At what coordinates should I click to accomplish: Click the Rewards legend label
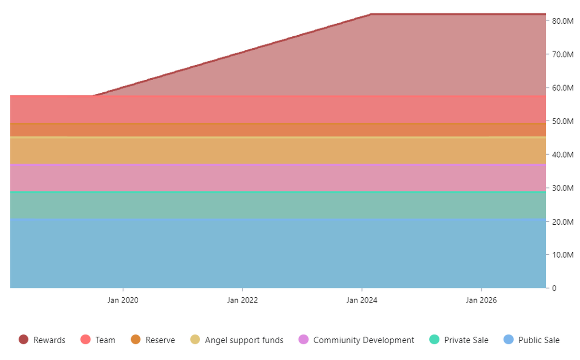point(49,340)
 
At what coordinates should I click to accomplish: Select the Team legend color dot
point(86,340)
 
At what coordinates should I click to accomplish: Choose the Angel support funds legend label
point(244,340)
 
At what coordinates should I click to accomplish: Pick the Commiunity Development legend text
point(363,340)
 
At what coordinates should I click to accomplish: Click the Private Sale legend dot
point(434,340)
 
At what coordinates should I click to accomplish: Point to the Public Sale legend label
point(539,340)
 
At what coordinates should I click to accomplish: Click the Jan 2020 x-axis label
point(123,301)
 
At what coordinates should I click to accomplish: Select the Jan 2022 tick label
point(242,301)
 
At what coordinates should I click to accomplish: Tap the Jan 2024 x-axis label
point(362,301)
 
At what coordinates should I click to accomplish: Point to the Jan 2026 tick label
point(481,301)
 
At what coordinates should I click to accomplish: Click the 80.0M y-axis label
point(563,21)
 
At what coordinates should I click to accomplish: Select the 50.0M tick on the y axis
point(563,121)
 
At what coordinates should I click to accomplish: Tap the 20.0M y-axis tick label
point(563,222)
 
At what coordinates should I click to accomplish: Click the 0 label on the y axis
point(554,288)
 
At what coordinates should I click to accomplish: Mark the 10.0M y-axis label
point(563,255)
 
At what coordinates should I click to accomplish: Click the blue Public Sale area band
point(278,253)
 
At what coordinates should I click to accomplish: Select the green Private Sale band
point(278,205)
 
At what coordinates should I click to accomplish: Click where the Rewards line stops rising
point(371,14)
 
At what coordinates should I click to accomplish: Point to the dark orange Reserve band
point(278,130)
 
